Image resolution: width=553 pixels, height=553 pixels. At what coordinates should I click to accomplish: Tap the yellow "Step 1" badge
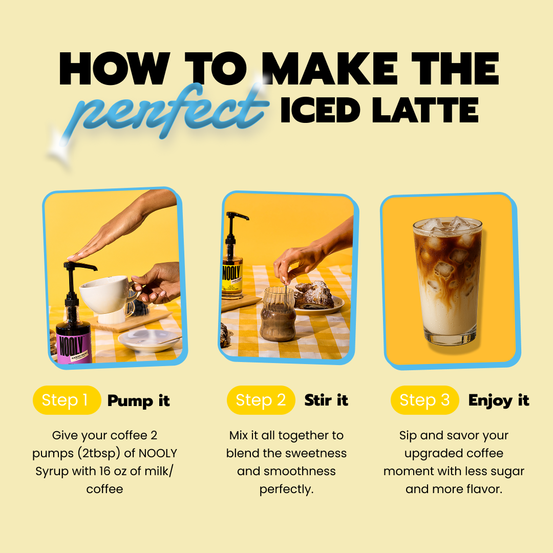click(x=67, y=400)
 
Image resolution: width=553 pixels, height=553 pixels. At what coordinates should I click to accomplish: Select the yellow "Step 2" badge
click(x=261, y=400)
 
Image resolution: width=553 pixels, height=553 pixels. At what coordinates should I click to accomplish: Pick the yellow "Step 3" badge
click(x=424, y=400)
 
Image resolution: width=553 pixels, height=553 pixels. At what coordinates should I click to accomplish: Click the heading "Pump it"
click(x=138, y=401)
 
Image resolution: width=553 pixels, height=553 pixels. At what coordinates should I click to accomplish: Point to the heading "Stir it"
click(x=326, y=400)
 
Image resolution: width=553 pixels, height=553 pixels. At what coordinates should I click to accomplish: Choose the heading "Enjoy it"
click(x=499, y=400)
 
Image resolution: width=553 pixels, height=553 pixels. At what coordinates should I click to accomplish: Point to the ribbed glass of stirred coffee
click(x=277, y=315)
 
